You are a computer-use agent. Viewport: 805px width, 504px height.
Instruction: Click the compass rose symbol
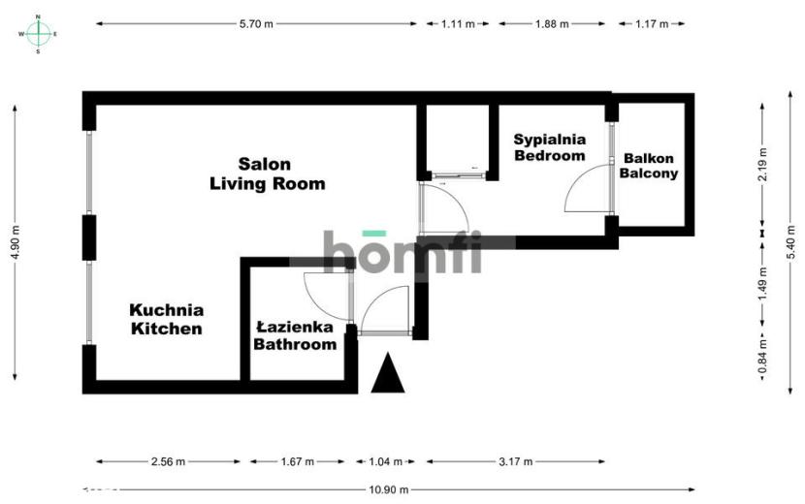[x=39, y=34]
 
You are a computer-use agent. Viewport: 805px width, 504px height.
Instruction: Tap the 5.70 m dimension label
[x=256, y=23]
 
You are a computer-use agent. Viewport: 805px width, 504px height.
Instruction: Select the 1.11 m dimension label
[x=458, y=23]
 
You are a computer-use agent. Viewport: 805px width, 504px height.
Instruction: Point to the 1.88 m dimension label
[x=552, y=23]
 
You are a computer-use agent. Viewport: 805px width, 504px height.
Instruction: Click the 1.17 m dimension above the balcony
[x=652, y=23]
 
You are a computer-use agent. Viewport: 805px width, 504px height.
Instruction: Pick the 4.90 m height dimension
[x=15, y=242]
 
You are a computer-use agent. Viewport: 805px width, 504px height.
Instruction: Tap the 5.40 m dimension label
[x=790, y=242]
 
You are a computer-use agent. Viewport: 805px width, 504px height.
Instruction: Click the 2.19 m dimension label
[x=763, y=164]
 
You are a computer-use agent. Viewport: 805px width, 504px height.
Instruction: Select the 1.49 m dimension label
[x=763, y=284]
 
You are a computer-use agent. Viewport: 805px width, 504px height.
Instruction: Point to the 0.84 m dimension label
[x=763, y=356]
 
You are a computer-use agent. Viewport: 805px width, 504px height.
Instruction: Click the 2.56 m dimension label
[x=169, y=461]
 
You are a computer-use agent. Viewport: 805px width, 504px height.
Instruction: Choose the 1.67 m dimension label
[x=297, y=461]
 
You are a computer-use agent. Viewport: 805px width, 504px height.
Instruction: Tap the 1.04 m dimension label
[x=386, y=461]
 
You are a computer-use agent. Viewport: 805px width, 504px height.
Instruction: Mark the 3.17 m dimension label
[x=515, y=461]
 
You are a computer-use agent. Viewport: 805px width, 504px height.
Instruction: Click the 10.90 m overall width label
[x=389, y=489]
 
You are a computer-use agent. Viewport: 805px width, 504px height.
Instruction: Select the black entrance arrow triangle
[x=388, y=373]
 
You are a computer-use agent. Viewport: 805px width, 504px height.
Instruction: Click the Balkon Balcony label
[x=649, y=166]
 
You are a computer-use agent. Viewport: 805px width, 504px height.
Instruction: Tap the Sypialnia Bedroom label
[x=550, y=147]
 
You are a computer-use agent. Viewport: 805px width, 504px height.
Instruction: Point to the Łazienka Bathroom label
[x=295, y=335]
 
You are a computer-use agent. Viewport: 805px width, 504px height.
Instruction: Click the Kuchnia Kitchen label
[x=167, y=319]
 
